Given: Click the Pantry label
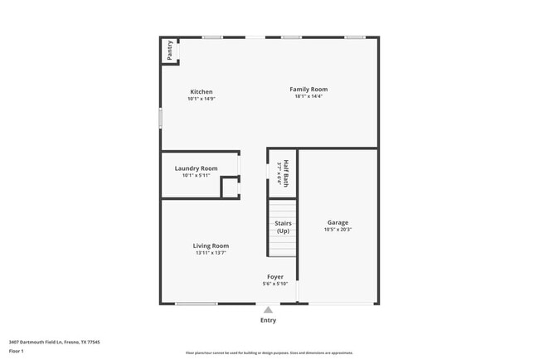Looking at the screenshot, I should coord(169,50).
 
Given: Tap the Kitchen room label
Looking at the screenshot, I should coord(202,92).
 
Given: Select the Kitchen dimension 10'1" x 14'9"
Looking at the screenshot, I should coord(202,99).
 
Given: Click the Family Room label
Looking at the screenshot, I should coord(308,90).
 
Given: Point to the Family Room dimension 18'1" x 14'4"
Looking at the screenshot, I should coord(308,96).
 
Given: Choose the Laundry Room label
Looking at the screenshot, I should coord(196,168).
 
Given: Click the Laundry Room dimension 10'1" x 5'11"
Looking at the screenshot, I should coord(196,175).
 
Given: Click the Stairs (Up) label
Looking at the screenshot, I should coord(283,226).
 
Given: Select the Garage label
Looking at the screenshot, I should coord(337,222).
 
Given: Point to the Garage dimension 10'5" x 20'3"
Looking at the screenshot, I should coord(337,229).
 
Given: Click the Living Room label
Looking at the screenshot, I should coord(211,246).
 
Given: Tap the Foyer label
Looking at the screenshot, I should coord(275,277).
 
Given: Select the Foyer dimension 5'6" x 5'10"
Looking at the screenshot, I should coord(275,284).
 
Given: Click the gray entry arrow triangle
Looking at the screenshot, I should coord(268,310).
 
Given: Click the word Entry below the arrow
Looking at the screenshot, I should coord(268,320).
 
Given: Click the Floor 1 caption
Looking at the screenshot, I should coord(17,351).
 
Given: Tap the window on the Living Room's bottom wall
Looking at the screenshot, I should coord(196,304).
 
